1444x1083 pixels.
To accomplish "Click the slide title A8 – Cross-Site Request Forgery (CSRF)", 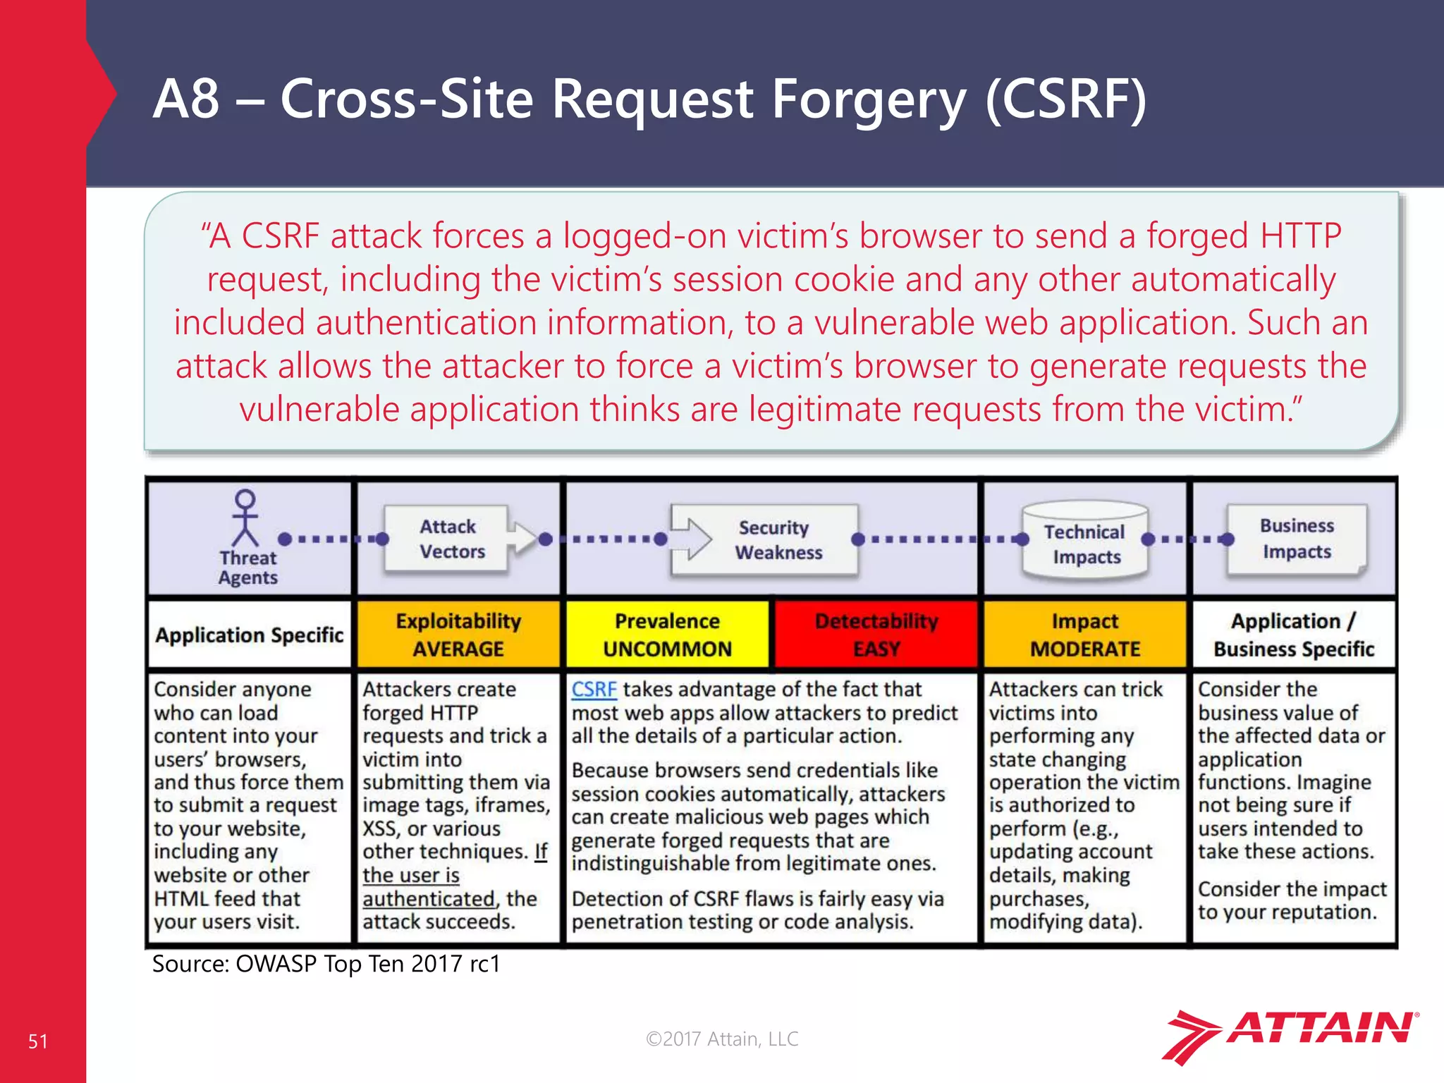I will (x=649, y=99).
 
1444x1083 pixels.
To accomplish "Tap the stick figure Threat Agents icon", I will (x=245, y=518).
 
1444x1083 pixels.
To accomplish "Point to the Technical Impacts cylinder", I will (x=1085, y=541).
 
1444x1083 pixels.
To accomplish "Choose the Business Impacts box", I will (x=1296, y=539).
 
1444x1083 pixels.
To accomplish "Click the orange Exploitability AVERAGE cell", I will (x=458, y=634).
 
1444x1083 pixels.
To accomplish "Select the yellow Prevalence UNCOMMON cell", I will (x=667, y=634).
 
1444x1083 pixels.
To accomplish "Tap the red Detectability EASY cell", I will (x=876, y=634).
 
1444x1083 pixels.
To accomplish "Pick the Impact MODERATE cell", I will (x=1084, y=634).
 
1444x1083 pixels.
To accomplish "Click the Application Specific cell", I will (x=249, y=635).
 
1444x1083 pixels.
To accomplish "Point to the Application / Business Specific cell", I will (x=1293, y=634).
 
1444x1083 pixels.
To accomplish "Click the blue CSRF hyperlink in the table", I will (x=594, y=689).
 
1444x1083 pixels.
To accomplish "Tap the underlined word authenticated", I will (x=428, y=899).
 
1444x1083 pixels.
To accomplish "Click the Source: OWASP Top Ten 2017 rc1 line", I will (x=326, y=964).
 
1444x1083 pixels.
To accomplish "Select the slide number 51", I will (x=38, y=1041).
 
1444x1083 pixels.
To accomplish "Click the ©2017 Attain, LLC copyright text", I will (x=722, y=1039).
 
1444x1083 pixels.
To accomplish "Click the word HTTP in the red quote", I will (x=1300, y=235).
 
